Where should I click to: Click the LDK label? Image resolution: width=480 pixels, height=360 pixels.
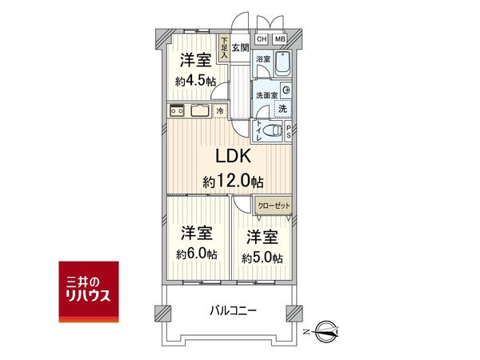pos(234,156)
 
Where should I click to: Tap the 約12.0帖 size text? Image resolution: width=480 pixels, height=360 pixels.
pos(233,182)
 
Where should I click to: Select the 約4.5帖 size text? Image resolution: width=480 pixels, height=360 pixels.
pos(196,82)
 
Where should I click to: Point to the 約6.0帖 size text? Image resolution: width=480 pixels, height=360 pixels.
pos(197,254)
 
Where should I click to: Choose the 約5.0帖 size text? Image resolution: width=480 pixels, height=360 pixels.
pos(262,258)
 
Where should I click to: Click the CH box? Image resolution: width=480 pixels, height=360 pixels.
pos(262,39)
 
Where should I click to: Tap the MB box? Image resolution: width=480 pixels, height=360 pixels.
pos(280,39)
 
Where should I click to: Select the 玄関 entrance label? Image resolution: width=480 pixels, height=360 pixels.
pos(240,47)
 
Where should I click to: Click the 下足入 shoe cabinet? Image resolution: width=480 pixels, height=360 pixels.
pos(224,48)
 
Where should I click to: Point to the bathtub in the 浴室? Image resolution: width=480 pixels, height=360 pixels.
pos(282,64)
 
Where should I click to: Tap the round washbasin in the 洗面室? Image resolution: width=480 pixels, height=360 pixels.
pos(286,90)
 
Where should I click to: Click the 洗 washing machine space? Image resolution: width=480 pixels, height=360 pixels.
pos(283,108)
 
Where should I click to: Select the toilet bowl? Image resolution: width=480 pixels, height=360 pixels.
pos(272,130)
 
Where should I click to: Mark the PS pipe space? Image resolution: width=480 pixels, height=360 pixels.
pos(288,131)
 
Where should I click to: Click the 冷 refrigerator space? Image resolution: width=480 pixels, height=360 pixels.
pos(220,110)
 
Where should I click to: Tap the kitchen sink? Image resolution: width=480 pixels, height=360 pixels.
pos(200,110)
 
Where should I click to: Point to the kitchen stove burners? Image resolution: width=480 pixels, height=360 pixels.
pos(177,110)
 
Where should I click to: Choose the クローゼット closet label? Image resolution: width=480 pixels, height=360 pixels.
pos(274,206)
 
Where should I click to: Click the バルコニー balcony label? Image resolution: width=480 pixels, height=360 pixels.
pos(234,311)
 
